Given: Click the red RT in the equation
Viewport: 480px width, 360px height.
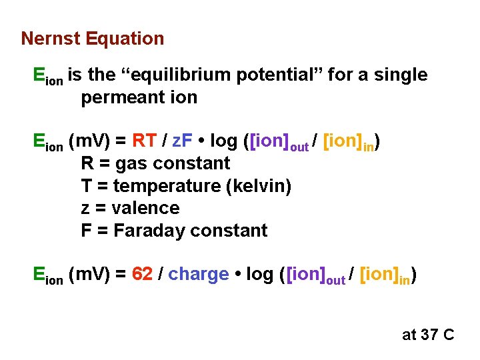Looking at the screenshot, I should click(x=145, y=141).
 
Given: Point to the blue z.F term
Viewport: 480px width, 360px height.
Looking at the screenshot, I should click(x=184, y=141).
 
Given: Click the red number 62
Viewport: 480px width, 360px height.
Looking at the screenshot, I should click(x=143, y=275).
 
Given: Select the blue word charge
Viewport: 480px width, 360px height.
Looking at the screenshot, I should click(x=199, y=275).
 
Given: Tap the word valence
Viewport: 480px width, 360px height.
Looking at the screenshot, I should click(x=145, y=209).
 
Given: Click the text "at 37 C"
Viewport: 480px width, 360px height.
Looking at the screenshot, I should click(x=427, y=334).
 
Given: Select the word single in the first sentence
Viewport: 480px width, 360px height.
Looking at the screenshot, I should click(x=401, y=75).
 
